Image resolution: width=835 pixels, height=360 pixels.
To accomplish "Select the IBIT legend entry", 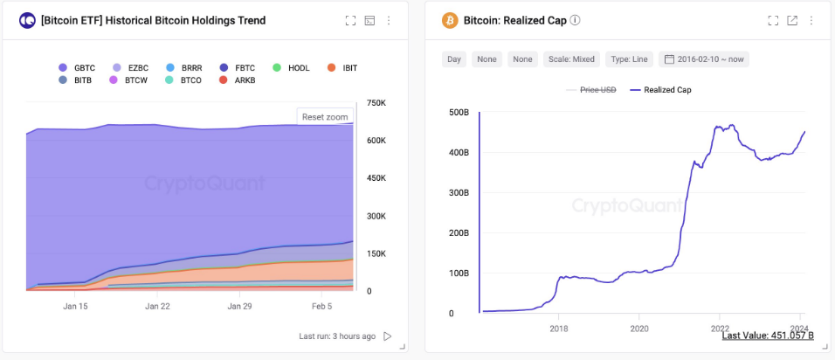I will click(x=343, y=67).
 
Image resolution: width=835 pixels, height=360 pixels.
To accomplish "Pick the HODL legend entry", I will click(x=291, y=67).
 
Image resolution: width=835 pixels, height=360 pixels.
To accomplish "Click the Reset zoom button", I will click(x=325, y=116).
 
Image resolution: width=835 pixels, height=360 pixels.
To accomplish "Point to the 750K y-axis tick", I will click(x=376, y=103).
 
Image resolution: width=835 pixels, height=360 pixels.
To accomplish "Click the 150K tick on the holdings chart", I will click(x=376, y=253).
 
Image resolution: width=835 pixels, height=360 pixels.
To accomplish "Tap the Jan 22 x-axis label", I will click(x=158, y=307).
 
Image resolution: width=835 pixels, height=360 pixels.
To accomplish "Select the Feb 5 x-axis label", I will click(x=321, y=307).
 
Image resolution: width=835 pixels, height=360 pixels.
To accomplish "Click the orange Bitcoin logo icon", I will click(x=450, y=20).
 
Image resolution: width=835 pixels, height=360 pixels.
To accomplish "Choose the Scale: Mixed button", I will click(x=570, y=59).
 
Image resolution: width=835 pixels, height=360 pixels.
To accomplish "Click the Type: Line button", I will click(x=629, y=59).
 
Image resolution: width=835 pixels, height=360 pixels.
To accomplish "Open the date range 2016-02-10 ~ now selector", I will click(x=706, y=59).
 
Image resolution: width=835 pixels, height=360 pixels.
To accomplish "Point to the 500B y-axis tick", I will click(x=458, y=112).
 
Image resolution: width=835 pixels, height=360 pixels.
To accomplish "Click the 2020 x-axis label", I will click(x=638, y=329).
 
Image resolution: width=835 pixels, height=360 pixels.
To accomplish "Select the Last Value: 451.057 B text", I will click(x=768, y=336).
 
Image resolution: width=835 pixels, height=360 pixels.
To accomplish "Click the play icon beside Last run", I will click(x=388, y=336).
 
